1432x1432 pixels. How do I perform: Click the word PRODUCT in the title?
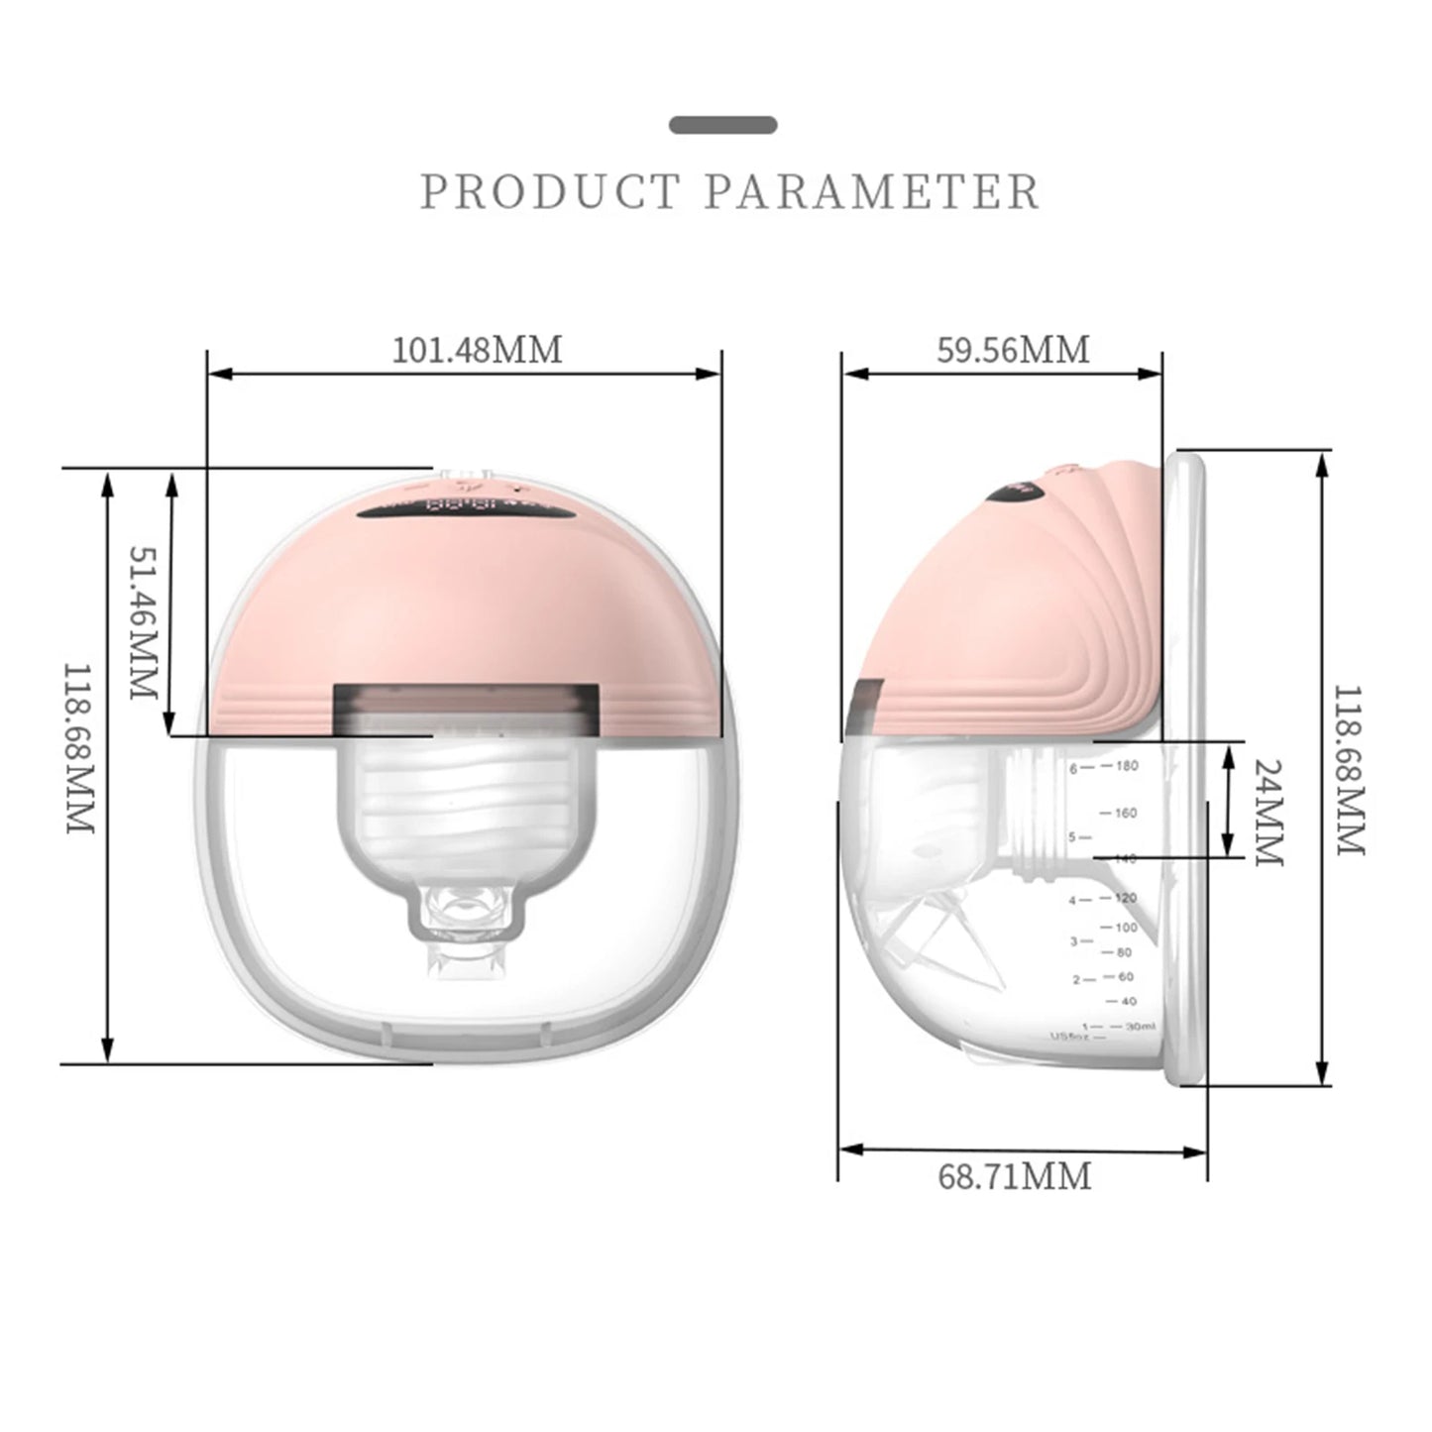pos(550,191)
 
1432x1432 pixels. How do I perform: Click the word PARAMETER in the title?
pos(872,191)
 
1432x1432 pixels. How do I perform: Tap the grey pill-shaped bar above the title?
pos(722,125)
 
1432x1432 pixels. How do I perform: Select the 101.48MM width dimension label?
pos(477,350)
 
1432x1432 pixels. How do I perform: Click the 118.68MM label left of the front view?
pos(78,748)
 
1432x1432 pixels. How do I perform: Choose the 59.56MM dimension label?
pos(1013,350)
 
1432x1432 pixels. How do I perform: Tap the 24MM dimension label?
pos(1267,813)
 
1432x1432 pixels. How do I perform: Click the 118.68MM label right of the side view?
pos(1349,770)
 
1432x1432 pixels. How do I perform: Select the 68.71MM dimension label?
pos(1014,1176)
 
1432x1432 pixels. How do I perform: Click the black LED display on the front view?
pos(466,509)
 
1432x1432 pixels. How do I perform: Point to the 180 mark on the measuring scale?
pos(1127,766)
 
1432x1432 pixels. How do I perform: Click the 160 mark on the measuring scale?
pos(1126,814)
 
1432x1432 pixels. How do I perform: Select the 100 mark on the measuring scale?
pos(1127,928)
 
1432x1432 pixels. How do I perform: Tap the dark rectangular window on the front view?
pos(466,710)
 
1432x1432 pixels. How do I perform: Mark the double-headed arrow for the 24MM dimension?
pos(1229,799)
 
